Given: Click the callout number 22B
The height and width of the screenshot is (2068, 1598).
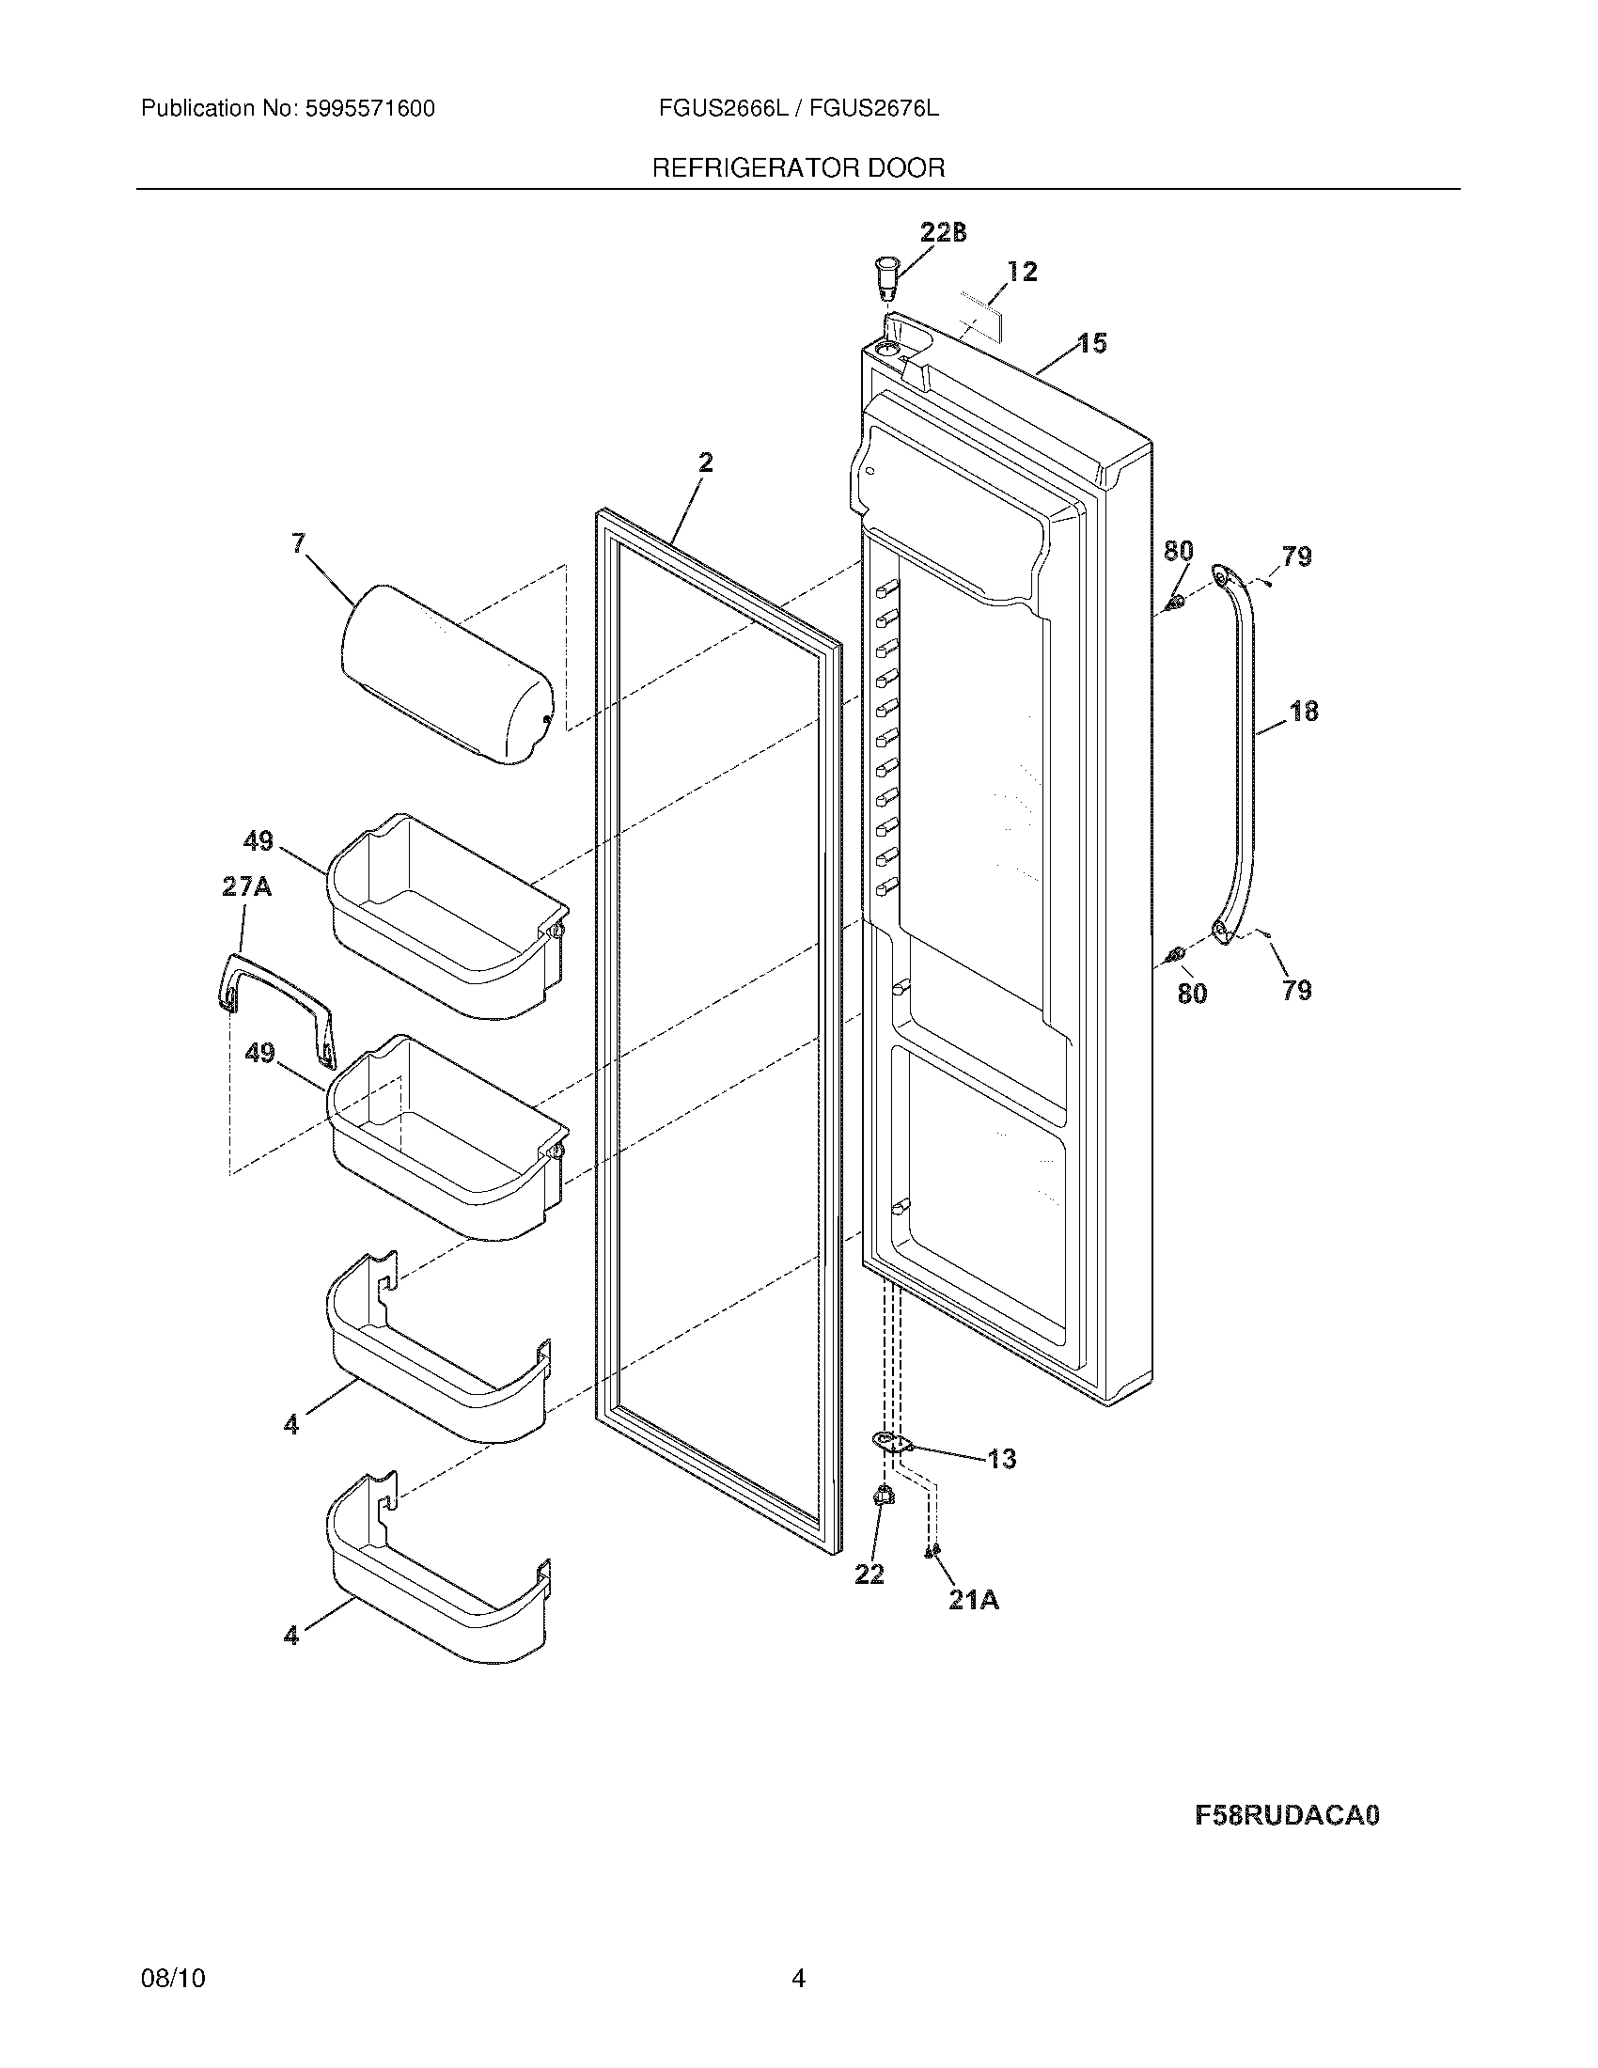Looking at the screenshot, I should coord(943,233).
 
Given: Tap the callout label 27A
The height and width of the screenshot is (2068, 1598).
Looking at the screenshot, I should coord(246,887).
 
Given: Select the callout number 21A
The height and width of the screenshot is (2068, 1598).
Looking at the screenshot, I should coord(973,1599).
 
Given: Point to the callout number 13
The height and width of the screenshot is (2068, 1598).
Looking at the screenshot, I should coord(1002,1459).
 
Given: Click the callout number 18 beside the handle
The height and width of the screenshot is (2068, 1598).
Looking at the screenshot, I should coord(1304,712).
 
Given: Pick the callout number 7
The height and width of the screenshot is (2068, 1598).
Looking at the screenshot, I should coord(299,543).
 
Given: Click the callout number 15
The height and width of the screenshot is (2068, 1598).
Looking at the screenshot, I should coord(1092,343).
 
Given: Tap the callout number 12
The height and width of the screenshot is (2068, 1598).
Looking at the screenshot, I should coord(1023,272).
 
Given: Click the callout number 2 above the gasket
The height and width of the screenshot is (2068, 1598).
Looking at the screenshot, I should coord(705,463).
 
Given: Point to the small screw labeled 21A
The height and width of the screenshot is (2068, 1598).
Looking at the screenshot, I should coord(932,1549).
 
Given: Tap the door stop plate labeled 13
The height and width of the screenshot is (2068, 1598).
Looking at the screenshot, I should coord(890,1441).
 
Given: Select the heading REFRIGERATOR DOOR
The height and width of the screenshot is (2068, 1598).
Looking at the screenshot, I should coord(798,168).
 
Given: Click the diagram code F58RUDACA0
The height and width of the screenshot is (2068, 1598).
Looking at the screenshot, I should coord(1287,1816).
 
